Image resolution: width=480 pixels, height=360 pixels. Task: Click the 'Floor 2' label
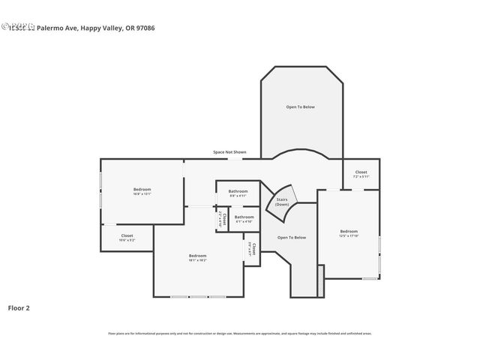click(x=19, y=307)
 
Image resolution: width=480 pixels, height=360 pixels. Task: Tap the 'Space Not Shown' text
click(x=229, y=152)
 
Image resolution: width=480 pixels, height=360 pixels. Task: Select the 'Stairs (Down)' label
click(x=282, y=202)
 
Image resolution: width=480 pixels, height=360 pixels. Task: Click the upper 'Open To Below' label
click(x=301, y=107)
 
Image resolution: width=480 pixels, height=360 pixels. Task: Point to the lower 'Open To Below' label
click(x=292, y=238)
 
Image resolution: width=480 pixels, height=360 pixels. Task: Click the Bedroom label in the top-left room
click(x=142, y=189)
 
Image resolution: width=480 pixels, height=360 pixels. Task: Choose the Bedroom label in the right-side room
click(x=349, y=231)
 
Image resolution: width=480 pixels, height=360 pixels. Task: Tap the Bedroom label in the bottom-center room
click(x=197, y=256)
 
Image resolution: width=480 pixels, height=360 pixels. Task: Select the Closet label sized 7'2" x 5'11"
click(x=361, y=172)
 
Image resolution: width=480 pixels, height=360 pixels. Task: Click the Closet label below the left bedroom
click(x=127, y=235)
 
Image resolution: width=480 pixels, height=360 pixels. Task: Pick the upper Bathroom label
click(x=238, y=192)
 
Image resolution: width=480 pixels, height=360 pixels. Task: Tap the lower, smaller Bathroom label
click(x=244, y=217)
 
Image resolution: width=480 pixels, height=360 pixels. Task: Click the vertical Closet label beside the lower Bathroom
click(x=222, y=219)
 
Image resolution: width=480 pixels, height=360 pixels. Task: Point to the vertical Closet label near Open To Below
click(x=253, y=249)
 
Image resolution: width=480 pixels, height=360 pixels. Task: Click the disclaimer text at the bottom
click(x=240, y=334)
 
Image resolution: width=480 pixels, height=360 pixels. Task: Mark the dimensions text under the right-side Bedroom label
click(x=349, y=235)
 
